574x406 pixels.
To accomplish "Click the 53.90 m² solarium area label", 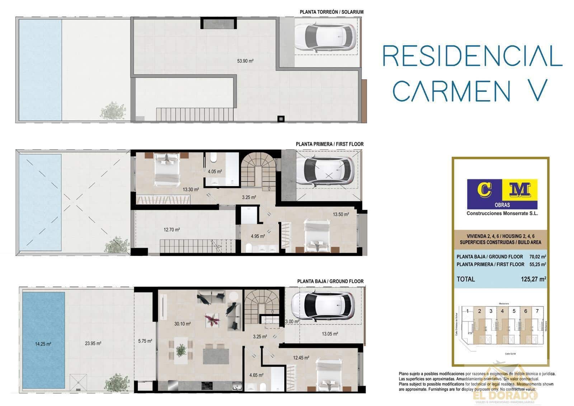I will click(x=245, y=61).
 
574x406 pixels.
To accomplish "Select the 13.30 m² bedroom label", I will click(x=190, y=190).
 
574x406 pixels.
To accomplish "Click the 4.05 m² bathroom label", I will click(x=215, y=172).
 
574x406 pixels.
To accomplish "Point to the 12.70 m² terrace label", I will click(x=171, y=230).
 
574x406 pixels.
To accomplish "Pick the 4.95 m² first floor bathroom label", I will click(x=258, y=236).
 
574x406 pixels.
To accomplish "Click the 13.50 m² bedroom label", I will click(x=340, y=215).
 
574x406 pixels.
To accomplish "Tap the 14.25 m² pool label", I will click(x=43, y=344).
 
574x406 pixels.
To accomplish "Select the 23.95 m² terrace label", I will click(x=93, y=344).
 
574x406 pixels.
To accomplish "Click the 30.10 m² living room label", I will click(x=182, y=324).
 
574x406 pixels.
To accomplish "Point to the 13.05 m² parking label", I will click(x=330, y=334).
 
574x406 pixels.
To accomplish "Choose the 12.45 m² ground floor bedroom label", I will click(x=301, y=358).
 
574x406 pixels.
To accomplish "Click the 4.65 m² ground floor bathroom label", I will click(x=256, y=375).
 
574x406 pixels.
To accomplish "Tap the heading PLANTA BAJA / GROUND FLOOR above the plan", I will click(x=330, y=281).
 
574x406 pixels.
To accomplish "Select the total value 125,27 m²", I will click(x=533, y=279).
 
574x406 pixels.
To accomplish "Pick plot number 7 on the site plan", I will click(x=537, y=311).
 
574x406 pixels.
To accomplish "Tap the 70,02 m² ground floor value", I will click(x=537, y=257).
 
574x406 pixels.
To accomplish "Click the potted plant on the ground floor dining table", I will click(x=182, y=349).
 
